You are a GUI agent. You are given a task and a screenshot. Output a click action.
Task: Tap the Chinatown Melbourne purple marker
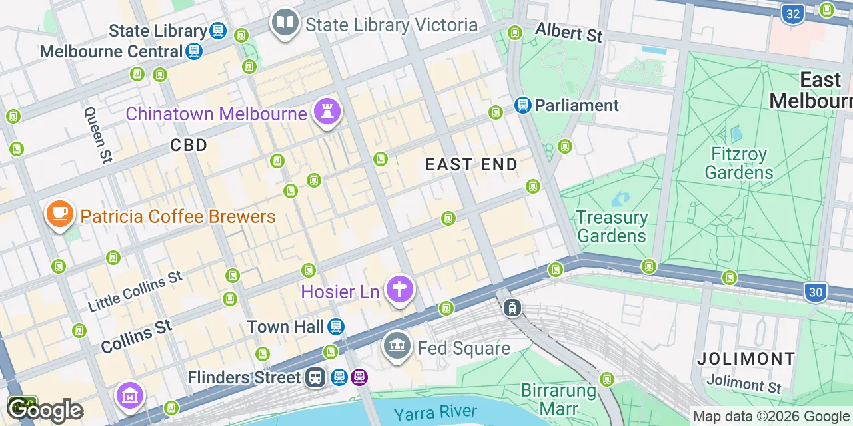328,111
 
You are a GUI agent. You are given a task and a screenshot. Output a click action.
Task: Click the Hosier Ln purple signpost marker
400,290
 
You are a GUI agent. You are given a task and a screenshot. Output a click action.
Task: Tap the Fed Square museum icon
397,347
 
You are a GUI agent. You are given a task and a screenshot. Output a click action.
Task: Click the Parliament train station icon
523,105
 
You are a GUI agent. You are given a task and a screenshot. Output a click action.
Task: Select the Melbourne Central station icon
194,51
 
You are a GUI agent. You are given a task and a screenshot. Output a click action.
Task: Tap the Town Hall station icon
337,327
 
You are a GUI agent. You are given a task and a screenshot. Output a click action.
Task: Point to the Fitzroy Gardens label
738,164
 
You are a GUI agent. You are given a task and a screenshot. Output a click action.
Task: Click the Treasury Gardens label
612,226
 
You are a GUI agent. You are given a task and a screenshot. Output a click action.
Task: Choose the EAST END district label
472,164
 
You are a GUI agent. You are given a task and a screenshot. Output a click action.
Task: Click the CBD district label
189,145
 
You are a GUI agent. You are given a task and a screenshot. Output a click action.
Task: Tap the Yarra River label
435,413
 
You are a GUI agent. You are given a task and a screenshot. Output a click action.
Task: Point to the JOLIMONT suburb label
746,359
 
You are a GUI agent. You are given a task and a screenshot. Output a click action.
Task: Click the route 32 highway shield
792,13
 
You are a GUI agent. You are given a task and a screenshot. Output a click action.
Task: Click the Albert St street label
568,32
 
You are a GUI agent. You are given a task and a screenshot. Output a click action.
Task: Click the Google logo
45,410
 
